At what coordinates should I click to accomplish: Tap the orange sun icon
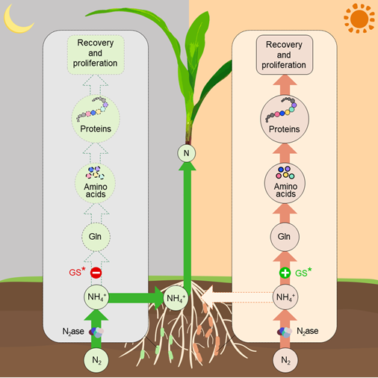359,19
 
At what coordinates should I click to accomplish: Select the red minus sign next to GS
96,273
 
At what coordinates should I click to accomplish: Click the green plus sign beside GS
285,273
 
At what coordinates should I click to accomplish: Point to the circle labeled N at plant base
187,153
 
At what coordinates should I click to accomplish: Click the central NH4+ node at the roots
176,298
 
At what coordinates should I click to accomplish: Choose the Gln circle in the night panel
96,237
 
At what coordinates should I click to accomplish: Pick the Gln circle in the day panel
285,237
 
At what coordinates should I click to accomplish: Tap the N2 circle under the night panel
96,360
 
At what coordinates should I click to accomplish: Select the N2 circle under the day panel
285,360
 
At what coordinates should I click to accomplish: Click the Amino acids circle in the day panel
285,183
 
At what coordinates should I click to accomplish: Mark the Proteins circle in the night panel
96,119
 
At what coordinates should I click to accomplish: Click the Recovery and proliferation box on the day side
285,55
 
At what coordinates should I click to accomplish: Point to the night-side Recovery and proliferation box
96,55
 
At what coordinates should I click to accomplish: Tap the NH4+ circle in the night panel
96,297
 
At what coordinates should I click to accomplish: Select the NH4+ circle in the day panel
285,297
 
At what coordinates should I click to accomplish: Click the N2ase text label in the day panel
307,331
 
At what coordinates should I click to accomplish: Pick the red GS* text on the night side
77,271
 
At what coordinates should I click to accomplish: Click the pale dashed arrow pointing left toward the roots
237,297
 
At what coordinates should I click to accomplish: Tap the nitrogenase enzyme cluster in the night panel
96,332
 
